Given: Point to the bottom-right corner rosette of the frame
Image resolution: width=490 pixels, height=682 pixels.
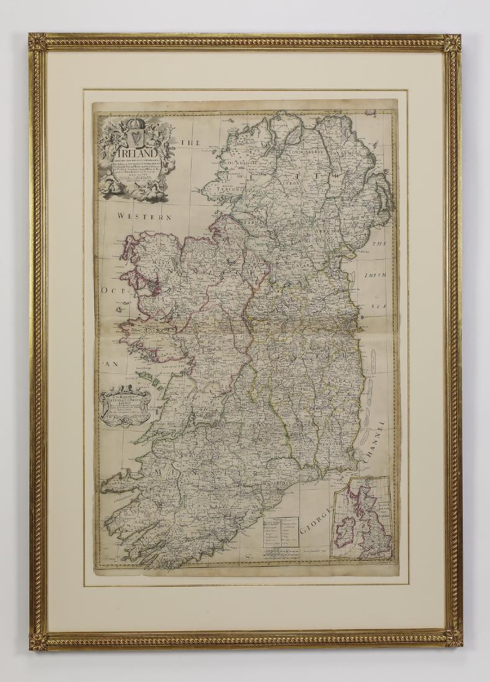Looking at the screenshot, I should pyautogui.click(x=453, y=638).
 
